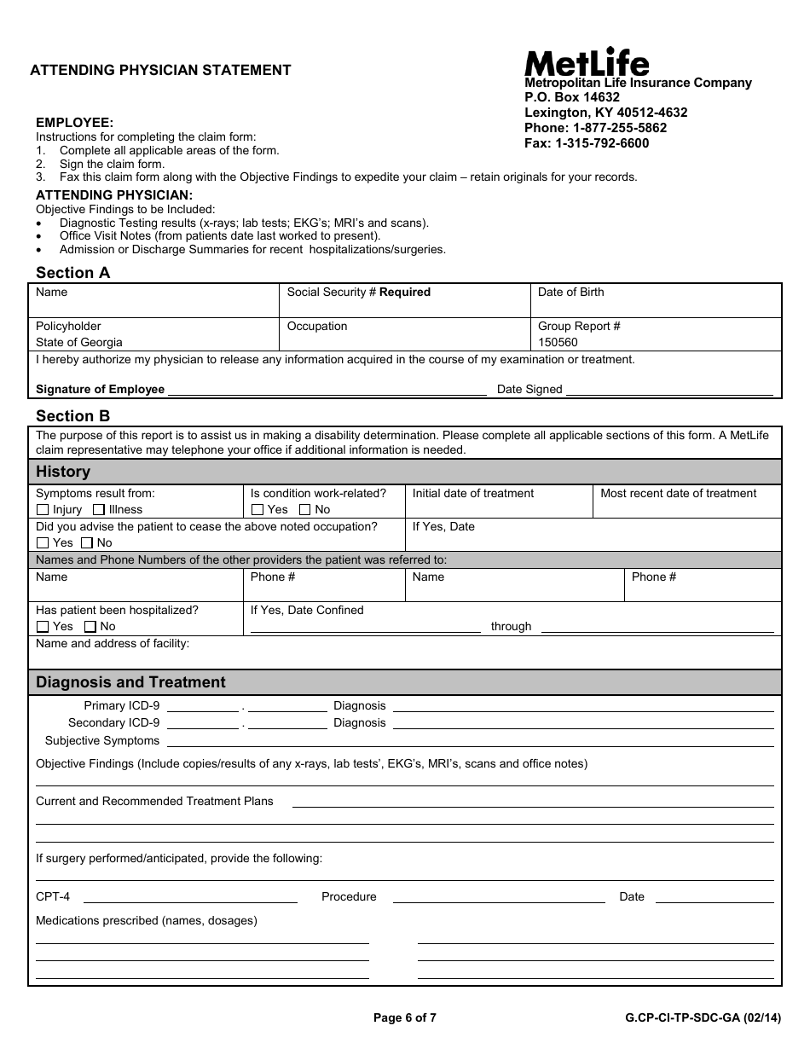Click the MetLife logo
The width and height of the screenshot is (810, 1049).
point(587,61)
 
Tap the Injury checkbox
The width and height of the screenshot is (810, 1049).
point(43,510)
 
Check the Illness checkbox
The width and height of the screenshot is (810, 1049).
point(99,510)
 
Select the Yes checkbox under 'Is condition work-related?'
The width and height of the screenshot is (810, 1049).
point(257,510)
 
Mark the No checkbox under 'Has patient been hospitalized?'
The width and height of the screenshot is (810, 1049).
point(90,627)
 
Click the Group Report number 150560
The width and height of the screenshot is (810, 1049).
point(558,343)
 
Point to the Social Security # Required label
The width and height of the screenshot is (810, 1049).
point(358,293)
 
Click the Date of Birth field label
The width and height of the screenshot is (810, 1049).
point(570,293)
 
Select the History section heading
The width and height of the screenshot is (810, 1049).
point(63,472)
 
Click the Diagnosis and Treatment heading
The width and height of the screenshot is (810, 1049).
point(130,682)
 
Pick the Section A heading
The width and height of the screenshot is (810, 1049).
point(73,273)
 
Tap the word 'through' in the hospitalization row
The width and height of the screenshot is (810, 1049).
point(511,627)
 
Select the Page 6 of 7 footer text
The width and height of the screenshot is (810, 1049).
point(405,1017)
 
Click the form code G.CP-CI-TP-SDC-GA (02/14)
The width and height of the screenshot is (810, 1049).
point(702,1017)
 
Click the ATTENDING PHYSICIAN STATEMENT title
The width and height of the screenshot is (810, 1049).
point(161,71)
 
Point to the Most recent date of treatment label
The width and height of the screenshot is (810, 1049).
point(678,494)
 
